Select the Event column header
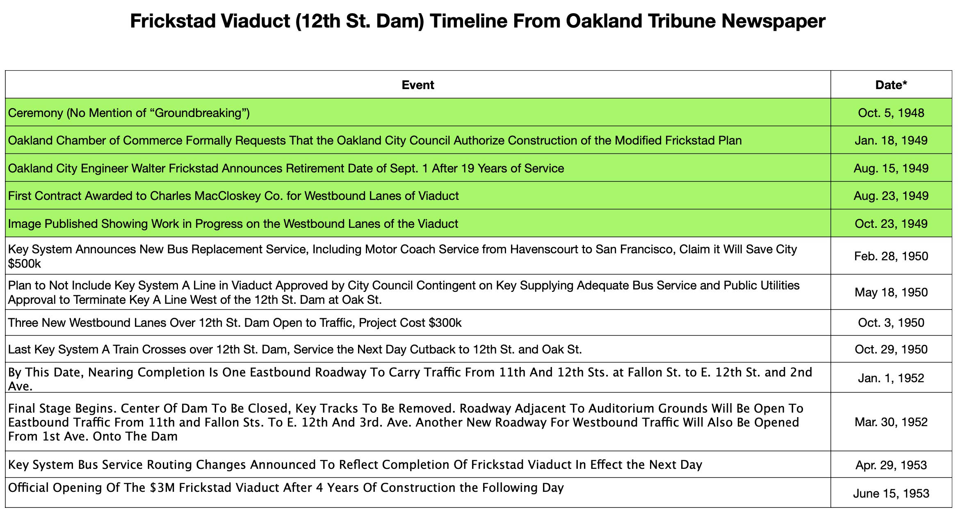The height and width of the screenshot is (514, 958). [418, 85]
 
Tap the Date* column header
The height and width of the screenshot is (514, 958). [891, 85]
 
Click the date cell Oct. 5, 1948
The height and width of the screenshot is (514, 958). [891, 113]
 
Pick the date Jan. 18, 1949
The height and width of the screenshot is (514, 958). [891, 140]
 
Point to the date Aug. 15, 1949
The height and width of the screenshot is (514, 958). [891, 168]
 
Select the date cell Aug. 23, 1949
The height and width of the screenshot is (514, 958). [891, 196]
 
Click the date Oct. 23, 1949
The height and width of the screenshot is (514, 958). [891, 224]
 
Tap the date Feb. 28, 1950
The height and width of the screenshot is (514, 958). [891, 256]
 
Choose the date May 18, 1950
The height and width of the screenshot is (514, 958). [891, 292]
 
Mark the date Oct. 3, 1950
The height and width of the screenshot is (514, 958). [891, 323]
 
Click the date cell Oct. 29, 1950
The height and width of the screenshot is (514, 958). [891, 349]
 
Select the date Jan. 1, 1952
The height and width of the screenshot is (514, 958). [891, 378]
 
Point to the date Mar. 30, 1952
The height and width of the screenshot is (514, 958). [891, 422]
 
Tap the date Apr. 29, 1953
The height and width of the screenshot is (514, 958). [891, 465]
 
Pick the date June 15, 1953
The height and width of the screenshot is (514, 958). [891, 493]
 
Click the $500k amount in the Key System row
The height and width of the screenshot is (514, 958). [25, 264]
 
